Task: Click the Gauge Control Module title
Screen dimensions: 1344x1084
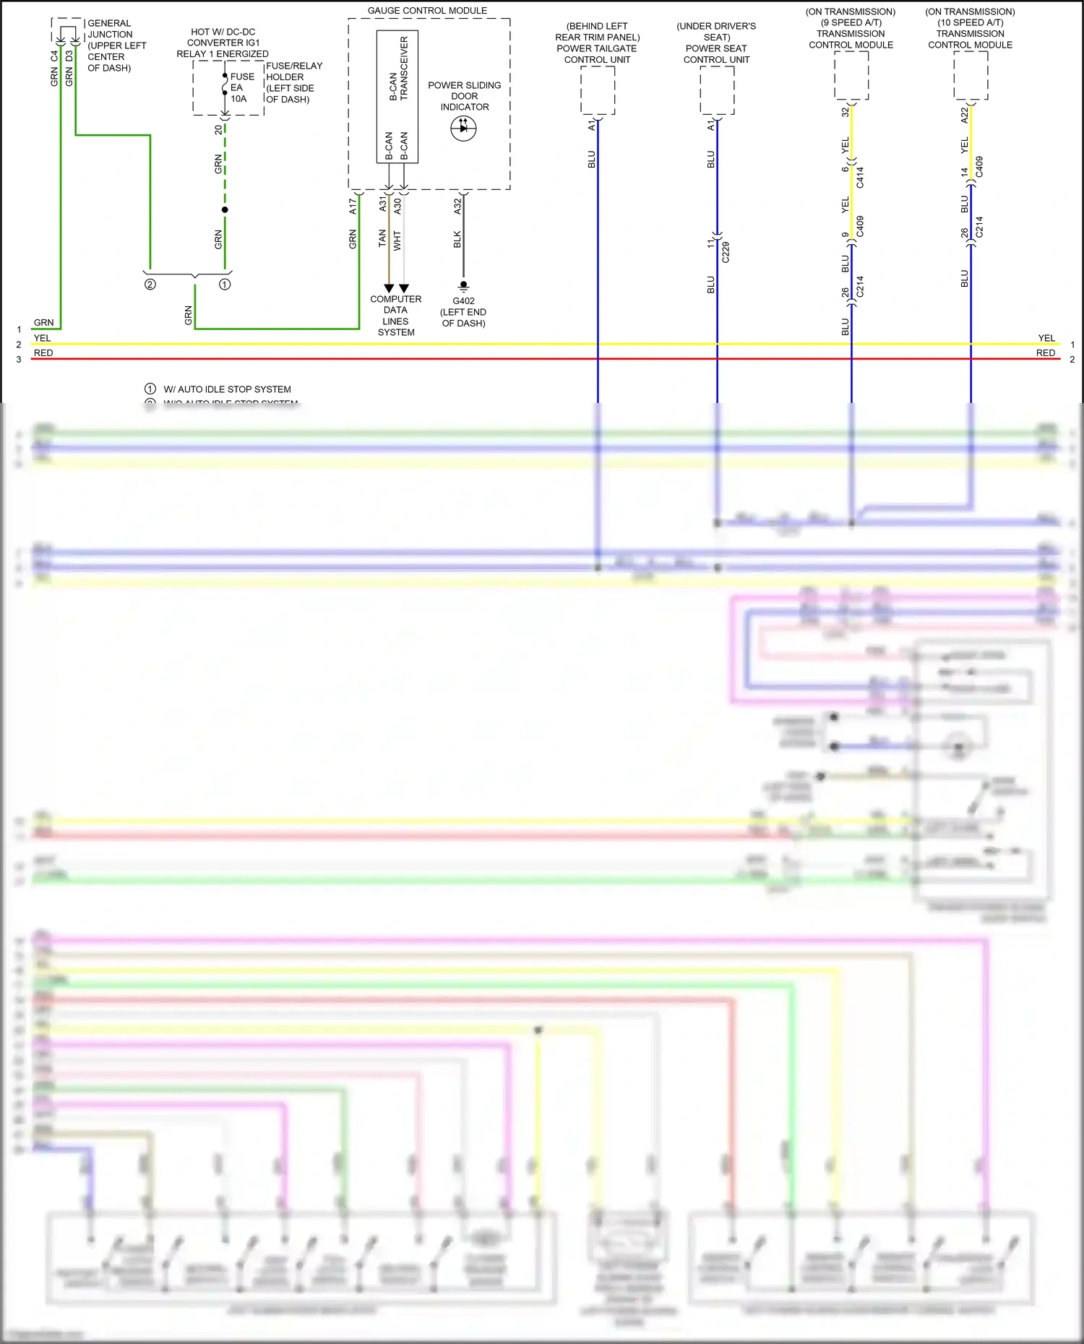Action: click(x=427, y=11)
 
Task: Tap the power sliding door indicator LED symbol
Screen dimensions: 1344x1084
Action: click(x=463, y=129)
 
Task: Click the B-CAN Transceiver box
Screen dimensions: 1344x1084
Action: click(x=397, y=96)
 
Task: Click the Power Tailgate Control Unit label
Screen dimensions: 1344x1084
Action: click(x=598, y=43)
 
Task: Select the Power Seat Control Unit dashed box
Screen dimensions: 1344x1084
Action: click(x=717, y=90)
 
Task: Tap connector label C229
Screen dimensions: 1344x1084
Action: click(x=726, y=252)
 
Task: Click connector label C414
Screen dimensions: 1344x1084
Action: click(x=860, y=178)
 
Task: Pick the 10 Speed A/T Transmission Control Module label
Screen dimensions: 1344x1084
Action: click(x=970, y=28)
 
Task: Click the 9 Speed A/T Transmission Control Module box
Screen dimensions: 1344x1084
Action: click(x=851, y=75)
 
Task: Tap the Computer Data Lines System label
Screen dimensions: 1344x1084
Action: click(x=396, y=316)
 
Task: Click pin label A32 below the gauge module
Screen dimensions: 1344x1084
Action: click(x=457, y=206)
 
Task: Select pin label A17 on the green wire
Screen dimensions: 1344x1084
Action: click(x=353, y=206)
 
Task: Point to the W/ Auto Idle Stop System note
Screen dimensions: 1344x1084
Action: click(x=227, y=389)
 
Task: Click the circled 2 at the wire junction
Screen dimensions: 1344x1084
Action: click(x=150, y=285)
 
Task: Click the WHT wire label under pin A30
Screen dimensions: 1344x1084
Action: click(x=397, y=240)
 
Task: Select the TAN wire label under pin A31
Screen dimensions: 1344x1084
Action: click(x=382, y=238)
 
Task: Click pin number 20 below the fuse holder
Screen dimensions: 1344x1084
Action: click(x=218, y=130)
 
